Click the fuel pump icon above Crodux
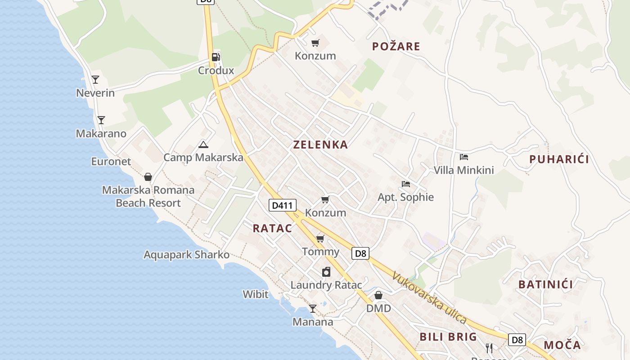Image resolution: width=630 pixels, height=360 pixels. tap(216, 57)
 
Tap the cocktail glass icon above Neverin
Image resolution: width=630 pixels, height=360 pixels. tap(95, 80)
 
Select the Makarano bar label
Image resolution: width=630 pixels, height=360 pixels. tap(101, 134)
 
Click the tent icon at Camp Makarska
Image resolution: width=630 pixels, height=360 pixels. tap(203, 144)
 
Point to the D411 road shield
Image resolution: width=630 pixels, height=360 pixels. tap(283, 206)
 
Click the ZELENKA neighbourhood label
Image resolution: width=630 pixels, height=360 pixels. tap(320, 144)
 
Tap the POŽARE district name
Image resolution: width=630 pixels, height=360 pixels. tap(396, 46)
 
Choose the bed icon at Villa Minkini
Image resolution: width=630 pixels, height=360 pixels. tap(464, 157)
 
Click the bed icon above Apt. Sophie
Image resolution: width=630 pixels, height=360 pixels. tap(405, 184)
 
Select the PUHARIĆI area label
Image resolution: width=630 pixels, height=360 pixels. tap(559, 159)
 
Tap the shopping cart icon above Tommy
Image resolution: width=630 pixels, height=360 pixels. tap(320, 238)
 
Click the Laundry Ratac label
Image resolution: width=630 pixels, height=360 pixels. tap(326, 285)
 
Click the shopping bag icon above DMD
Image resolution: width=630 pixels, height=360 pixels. tap(378, 295)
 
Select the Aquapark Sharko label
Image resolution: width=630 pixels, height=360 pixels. tap(186, 255)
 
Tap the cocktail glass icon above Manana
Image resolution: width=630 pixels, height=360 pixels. tap(312, 309)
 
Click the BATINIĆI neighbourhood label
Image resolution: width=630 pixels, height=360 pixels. tap(545, 284)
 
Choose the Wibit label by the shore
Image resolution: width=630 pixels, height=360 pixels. tap(255, 294)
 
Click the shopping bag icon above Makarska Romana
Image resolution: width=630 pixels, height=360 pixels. tap(148, 177)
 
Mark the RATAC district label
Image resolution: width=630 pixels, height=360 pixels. tap(272, 228)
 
